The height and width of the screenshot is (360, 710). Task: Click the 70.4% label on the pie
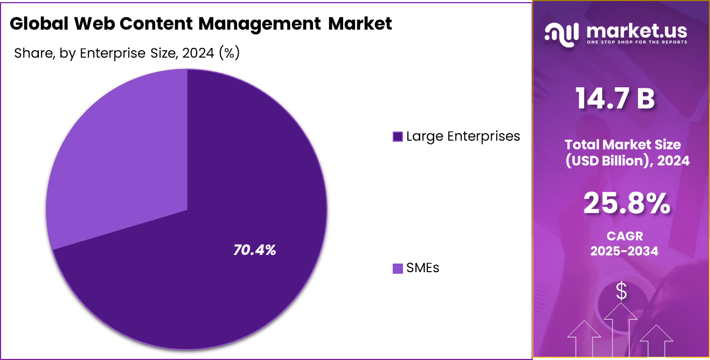(x=255, y=250)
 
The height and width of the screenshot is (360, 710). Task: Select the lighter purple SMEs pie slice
(x=119, y=162)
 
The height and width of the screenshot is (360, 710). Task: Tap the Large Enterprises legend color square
(x=398, y=137)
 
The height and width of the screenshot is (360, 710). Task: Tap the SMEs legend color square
(x=398, y=268)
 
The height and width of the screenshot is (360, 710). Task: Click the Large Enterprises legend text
(x=463, y=136)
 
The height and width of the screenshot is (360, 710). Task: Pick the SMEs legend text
(x=423, y=268)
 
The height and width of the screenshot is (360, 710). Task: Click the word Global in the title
(x=38, y=24)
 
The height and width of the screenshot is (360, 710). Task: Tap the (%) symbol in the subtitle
(x=228, y=53)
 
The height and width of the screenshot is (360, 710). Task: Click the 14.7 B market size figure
(x=615, y=99)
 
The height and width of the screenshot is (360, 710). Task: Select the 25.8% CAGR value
(x=627, y=204)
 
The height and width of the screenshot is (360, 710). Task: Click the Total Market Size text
(x=622, y=144)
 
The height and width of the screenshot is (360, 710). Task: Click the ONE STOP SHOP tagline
(x=636, y=42)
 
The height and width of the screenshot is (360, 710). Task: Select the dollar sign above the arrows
(x=622, y=292)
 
